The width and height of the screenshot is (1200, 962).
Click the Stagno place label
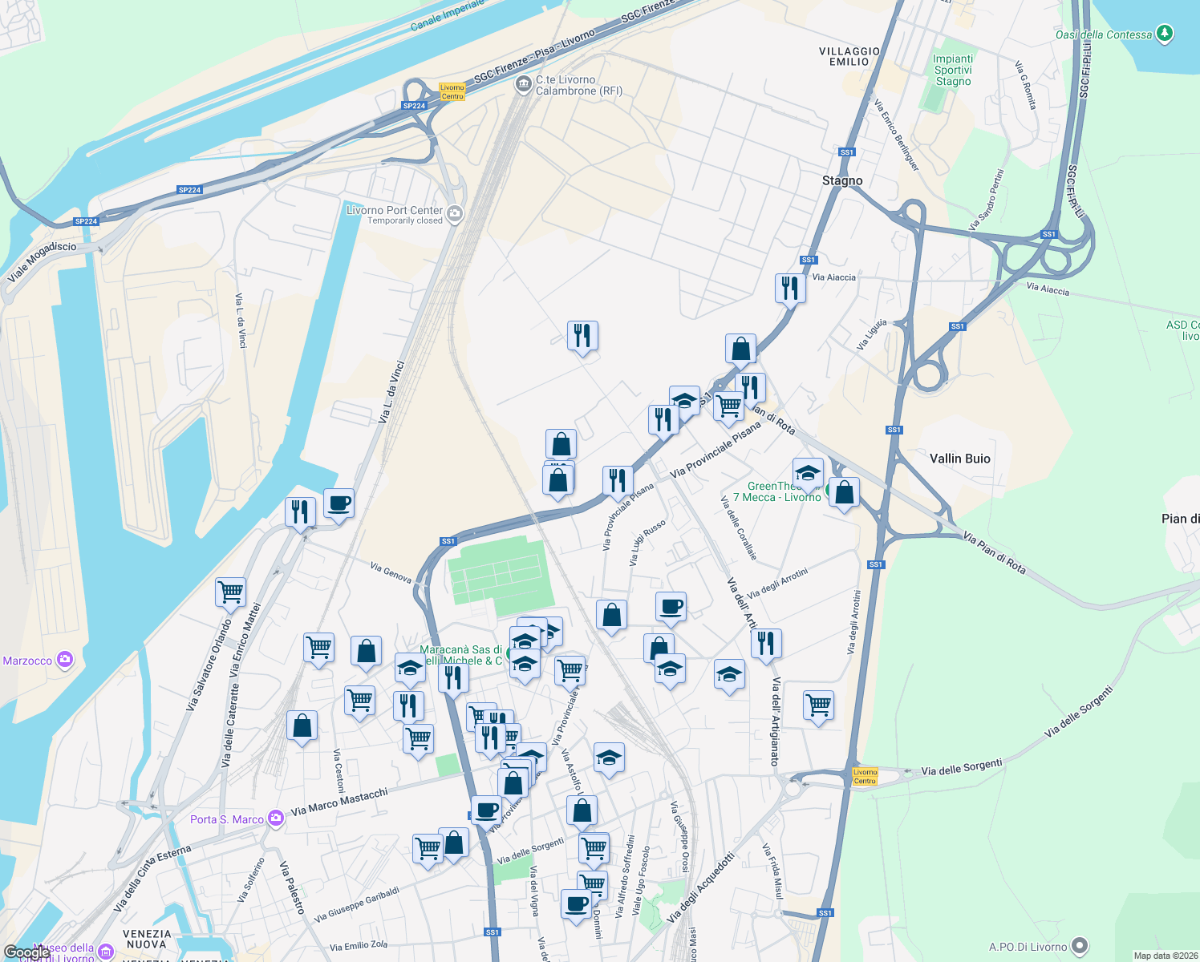pos(842,180)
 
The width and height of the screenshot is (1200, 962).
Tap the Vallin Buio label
pos(959,459)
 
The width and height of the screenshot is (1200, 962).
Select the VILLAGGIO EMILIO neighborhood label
pos(849,56)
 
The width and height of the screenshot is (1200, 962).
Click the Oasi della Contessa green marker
pos(1166,34)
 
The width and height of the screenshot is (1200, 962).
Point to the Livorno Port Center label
pos(395,211)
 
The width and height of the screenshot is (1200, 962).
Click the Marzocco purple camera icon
pos(65,661)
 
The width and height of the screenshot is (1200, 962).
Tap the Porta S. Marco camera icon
pos(276,819)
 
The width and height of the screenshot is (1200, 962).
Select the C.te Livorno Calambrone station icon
pos(524,84)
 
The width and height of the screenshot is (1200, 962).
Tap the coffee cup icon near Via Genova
pos(339,503)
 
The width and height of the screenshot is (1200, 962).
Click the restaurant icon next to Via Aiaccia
pos(790,287)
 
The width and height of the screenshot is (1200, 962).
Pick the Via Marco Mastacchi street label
pos(339,802)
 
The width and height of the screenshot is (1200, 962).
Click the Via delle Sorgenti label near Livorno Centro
pos(961,768)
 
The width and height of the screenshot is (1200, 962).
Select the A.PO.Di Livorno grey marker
pos(1080,946)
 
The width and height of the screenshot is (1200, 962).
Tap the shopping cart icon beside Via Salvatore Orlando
pos(230,592)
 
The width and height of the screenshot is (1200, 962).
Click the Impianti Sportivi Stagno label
pos(953,71)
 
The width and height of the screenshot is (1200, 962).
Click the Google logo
pos(26,952)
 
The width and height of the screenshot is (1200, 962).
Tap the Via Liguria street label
pos(872,334)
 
